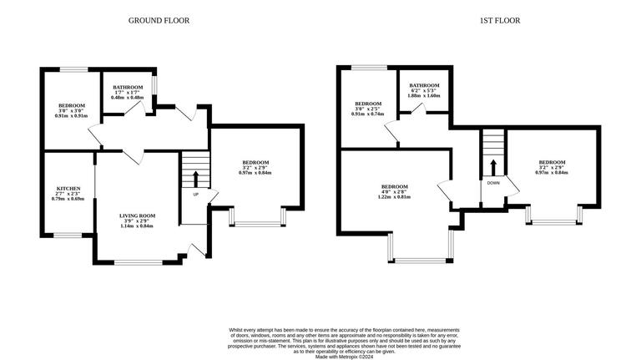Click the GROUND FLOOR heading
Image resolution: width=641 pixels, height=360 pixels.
[x=159, y=20]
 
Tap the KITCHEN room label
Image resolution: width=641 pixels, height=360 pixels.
[x=68, y=189]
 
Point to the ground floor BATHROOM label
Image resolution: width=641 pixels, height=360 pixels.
[x=129, y=87]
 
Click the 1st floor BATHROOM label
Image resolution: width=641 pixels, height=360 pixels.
[x=424, y=85]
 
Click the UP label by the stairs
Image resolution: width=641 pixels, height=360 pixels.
[x=196, y=194]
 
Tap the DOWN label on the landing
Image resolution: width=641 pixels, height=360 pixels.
[x=493, y=182]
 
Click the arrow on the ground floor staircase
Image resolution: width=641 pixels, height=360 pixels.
[x=196, y=178]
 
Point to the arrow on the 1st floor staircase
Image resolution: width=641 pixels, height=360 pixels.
[x=493, y=166]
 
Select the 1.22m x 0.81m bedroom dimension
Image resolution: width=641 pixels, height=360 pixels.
[x=395, y=197]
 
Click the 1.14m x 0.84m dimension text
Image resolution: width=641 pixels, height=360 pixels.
[x=138, y=226]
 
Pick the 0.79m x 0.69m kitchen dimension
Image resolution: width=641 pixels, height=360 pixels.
[x=68, y=199]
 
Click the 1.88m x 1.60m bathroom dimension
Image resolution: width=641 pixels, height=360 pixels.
[x=424, y=96]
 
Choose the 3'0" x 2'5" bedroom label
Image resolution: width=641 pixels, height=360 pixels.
[x=368, y=109]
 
